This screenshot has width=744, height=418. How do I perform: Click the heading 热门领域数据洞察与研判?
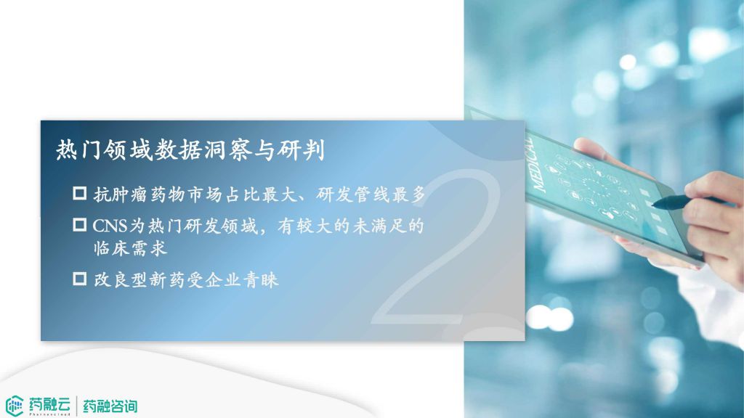(x=190, y=150)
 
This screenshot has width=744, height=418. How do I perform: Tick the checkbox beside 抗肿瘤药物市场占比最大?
(x=80, y=193)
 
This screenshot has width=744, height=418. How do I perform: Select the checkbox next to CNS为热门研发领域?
(x=80, y=225)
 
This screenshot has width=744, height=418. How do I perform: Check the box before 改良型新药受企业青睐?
(x=80, y=279)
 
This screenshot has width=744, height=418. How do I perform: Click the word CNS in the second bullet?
(x=110, y=226)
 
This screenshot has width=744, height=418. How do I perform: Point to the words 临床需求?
(x=131, y=248)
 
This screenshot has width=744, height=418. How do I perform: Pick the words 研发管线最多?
(x=371, y=194)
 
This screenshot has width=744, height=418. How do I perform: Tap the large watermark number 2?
(x=437, y=247)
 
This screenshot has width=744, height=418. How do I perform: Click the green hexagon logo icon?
(x=15, y=406)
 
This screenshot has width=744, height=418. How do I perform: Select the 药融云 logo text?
(x=49, y=404)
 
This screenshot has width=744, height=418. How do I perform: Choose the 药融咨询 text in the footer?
(x=110, y=406)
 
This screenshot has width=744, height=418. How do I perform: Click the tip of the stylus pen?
(x=653, y=205)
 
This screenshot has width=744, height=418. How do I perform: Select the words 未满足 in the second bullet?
(x=379, y=226)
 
